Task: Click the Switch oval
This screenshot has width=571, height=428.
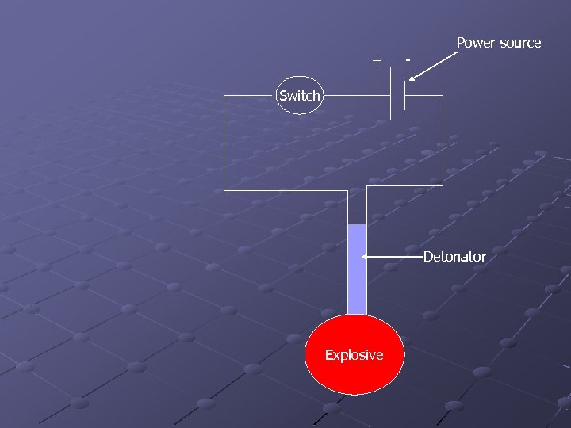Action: point(300,95)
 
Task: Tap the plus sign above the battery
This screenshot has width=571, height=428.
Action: point(377,60)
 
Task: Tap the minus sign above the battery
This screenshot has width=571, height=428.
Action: point(408,59)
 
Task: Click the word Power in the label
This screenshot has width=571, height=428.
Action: point(475,43)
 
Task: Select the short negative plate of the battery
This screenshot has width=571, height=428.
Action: point(405,95)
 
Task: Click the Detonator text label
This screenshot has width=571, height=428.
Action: point(454,257)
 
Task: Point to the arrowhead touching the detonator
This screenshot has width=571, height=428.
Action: point(365,257)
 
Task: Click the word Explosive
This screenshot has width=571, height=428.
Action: point(354,355)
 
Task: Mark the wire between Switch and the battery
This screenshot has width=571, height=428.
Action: point(355,95)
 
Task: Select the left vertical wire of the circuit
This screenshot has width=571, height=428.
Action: point(224,143)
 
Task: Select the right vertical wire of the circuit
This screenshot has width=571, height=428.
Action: point(443,143)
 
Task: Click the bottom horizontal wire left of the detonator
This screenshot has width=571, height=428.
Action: point(285,190)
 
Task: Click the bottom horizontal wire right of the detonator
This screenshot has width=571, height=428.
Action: point(404,187)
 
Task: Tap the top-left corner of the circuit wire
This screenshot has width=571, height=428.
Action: point(224,95)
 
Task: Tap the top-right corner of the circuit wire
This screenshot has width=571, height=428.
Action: point(443,95)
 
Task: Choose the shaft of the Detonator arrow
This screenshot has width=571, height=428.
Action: point(397,257)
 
